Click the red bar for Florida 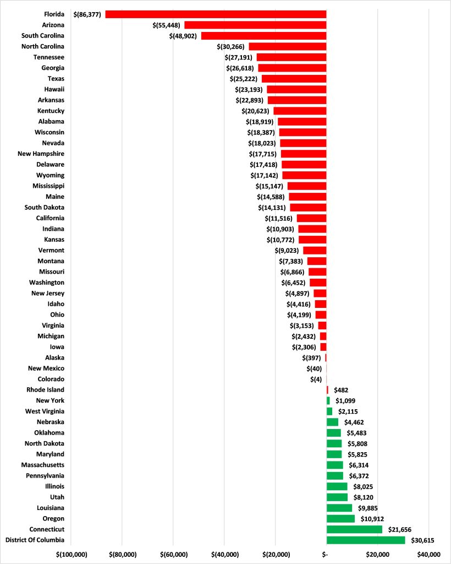pos(216,14)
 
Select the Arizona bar pos(255,25)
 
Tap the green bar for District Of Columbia pos(366,540)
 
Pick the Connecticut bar pos(354,529)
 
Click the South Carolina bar pos(263,36)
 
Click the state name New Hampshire pos(41,154)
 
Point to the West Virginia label pos(45,411)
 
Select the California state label pos(50,218)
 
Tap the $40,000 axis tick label pos(428,554)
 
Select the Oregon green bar pos(340,518)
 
